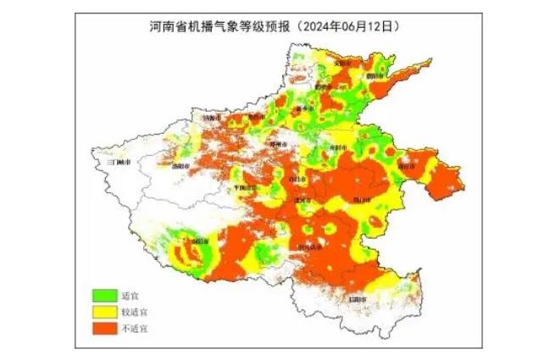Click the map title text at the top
(269, 26)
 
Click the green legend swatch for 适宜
(104, 295)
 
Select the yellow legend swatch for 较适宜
(104, 310)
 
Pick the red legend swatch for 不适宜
(104, 325)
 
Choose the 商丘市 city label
(408, 166)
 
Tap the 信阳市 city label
(359, 298)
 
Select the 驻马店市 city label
(309, 246)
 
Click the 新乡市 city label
(302, 111)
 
